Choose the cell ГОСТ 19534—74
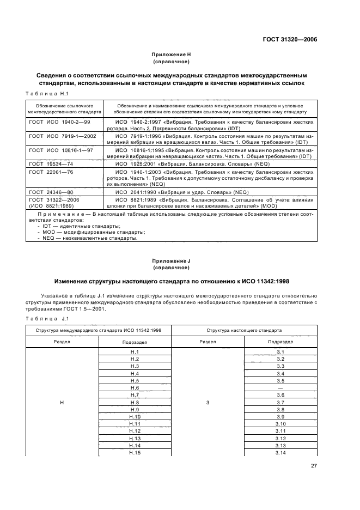coord(50,163)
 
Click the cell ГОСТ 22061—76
coord(50,172)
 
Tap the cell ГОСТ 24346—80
coord(50,192)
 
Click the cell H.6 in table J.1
coord(135,387)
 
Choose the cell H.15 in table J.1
coord(135,453)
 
